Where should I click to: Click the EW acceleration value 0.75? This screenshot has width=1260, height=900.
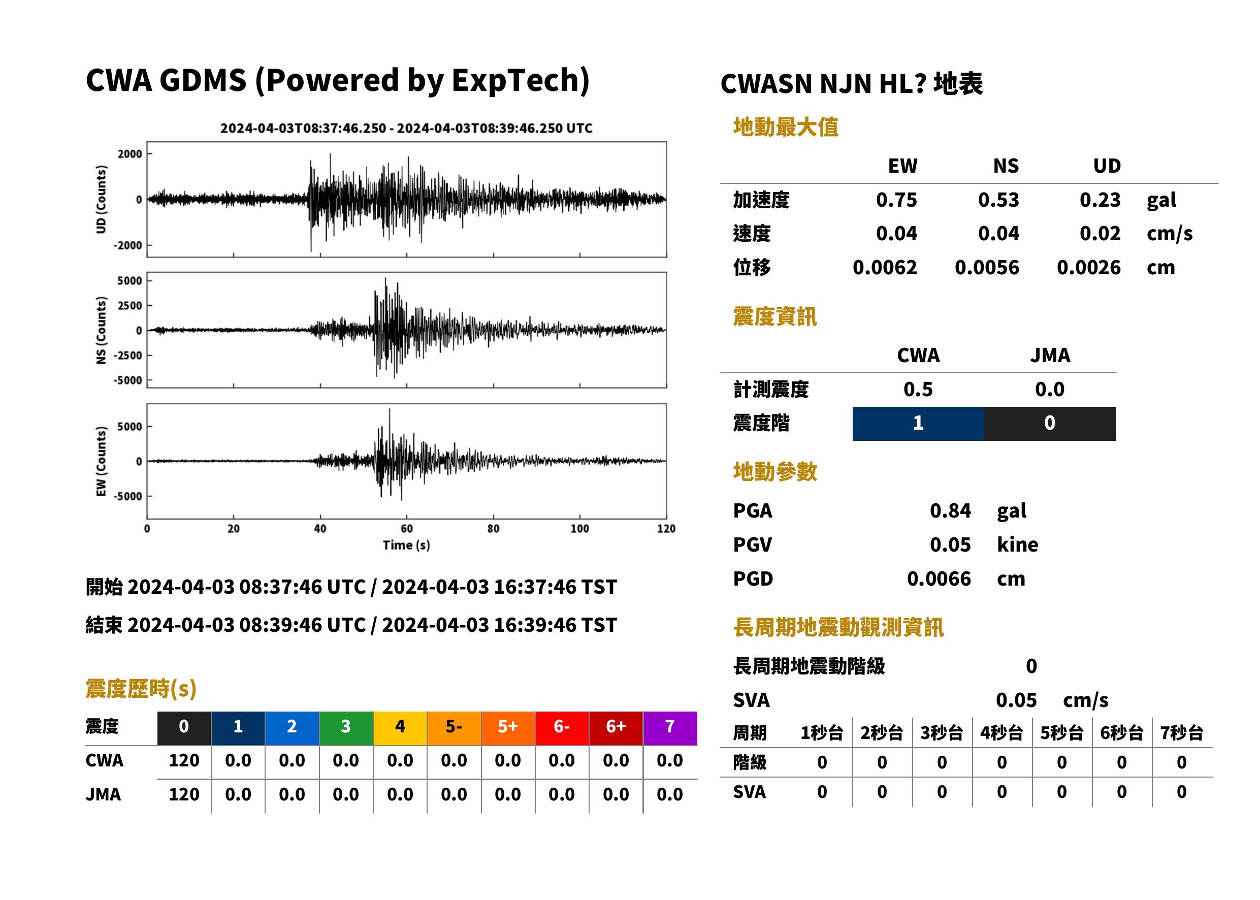click(x=896, y=200)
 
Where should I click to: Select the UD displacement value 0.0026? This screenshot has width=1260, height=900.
click(x=1088, y=268)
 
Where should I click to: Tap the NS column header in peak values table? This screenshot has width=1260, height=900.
click(x=1006, y=166)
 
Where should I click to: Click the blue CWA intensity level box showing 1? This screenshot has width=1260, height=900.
click(x=918, y=424)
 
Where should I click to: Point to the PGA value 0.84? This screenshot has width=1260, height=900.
click(x=950, y=510)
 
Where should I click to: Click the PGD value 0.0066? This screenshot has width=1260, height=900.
click(x=939, y=578)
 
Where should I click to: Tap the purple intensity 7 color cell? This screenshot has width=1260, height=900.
click(x=670, y=728)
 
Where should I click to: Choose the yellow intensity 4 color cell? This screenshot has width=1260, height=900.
click(x=400, y=728)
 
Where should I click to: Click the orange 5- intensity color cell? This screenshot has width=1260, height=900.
click(x=454, y=728)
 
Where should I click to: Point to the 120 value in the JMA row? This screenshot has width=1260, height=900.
click(x=184, y=794)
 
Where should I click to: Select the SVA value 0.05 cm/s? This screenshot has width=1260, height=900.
click(x=1052, y=700)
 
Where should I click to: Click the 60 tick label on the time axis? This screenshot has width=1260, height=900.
click(x=407, y=529)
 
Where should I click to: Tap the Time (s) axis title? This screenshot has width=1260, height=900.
click(x=406, y=545)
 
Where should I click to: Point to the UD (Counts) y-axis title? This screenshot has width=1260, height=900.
click(x=101, y=200)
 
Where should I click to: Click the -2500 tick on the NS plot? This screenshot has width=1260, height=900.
click(x=128, y=355)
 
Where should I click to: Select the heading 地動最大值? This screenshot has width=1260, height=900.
click(x=786, y=127)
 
